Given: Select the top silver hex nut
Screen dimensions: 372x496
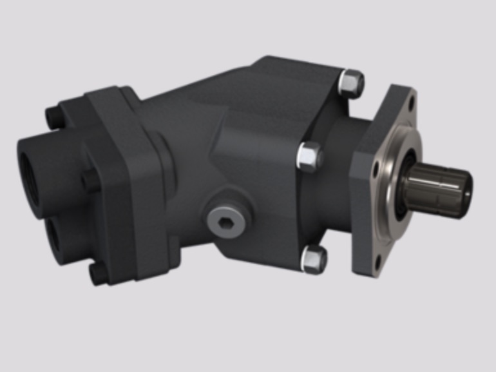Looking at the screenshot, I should pyautogui.click(x=350, y=83).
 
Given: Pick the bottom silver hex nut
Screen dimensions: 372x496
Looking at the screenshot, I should pyautogui.click(x=315, y=259).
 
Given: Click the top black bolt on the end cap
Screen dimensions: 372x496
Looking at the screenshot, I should pyautogui.click(x=53, y=117).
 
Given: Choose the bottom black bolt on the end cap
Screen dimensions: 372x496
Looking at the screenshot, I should pyautogui.click(x=98, y=274).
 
